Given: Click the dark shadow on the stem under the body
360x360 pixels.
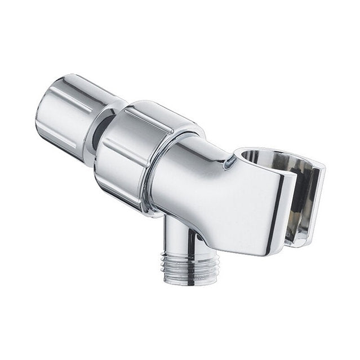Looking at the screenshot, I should [195, 237].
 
